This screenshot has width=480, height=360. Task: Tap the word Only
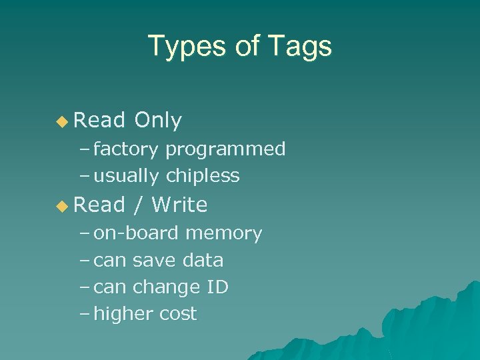[158, 121]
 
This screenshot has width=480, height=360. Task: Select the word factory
[125, 149]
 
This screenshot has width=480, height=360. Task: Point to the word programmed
[225, 149]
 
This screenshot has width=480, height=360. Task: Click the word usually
[126, 177]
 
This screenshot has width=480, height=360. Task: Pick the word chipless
[203, 176]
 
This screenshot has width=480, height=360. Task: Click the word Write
[179, 205]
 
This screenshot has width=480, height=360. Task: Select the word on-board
[136, 233]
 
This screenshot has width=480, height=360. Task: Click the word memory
[224, 234]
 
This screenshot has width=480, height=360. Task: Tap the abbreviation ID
[218, 287]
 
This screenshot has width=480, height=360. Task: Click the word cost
[177, 315]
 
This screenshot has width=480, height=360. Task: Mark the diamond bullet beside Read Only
[62, 121]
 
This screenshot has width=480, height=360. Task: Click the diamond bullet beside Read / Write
[62, 205]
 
